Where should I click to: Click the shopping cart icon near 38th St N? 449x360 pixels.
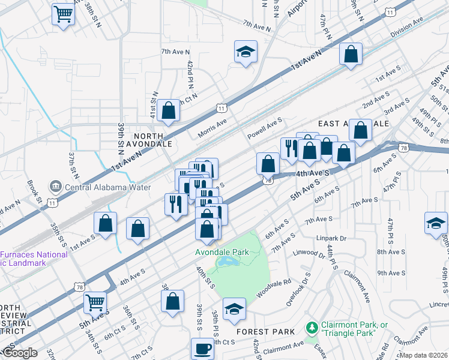63,14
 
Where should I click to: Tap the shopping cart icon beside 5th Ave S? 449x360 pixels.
95,302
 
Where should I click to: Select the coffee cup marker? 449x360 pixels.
202,349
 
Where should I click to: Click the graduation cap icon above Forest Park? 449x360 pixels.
234,309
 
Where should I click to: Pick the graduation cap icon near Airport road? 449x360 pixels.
245,52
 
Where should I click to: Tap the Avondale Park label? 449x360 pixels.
221,252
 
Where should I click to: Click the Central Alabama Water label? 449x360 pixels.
106,187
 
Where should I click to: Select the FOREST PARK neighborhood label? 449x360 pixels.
266,331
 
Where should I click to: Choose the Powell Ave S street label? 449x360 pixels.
265,129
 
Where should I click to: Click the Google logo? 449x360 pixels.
20,353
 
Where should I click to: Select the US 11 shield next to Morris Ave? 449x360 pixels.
222,108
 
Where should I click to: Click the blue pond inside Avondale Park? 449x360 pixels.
229,262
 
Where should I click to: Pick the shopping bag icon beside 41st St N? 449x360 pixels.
169,110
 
